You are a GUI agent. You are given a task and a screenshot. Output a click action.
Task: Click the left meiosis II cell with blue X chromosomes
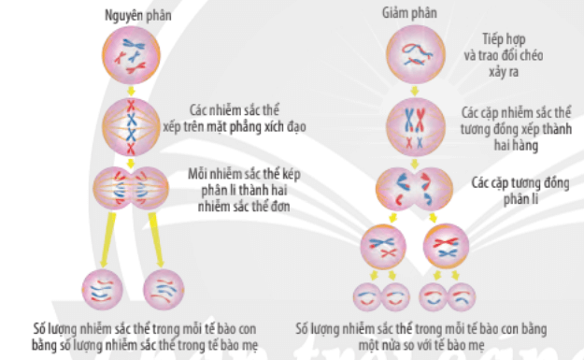383,249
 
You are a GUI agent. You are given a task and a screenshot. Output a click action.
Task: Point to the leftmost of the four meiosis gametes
367,297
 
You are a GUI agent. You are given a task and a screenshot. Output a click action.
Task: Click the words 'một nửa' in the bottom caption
320,343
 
